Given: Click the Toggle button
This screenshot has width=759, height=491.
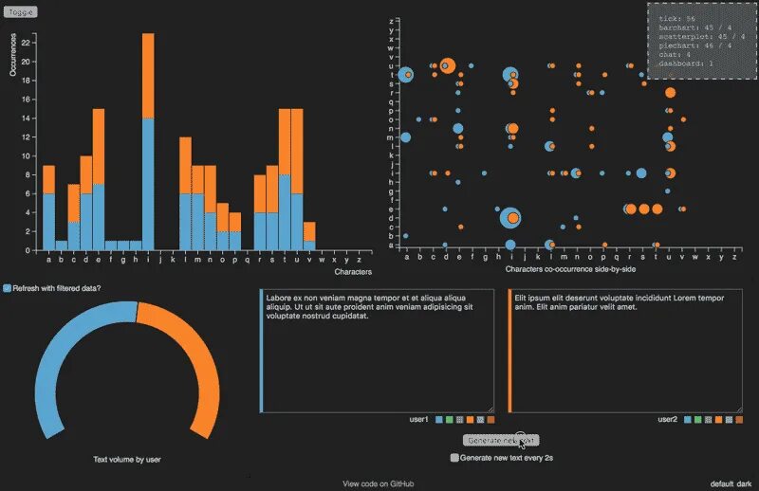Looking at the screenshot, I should (21, 11).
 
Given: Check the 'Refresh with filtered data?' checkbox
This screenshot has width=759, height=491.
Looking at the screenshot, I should (8, 287).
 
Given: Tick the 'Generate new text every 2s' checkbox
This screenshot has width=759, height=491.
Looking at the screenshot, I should (454, 457).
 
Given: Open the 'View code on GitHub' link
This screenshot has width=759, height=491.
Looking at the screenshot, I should (379, 483).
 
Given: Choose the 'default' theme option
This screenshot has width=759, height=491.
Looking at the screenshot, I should (721, 483).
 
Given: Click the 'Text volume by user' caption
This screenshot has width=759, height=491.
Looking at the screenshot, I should (127, 460).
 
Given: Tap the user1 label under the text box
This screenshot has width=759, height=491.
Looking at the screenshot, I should (418, 419).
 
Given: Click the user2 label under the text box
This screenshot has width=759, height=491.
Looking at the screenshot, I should (667, 419).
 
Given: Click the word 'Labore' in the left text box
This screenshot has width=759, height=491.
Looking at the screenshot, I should (279, 297).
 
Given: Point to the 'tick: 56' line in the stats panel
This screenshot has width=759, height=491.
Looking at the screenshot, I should (677, 19).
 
